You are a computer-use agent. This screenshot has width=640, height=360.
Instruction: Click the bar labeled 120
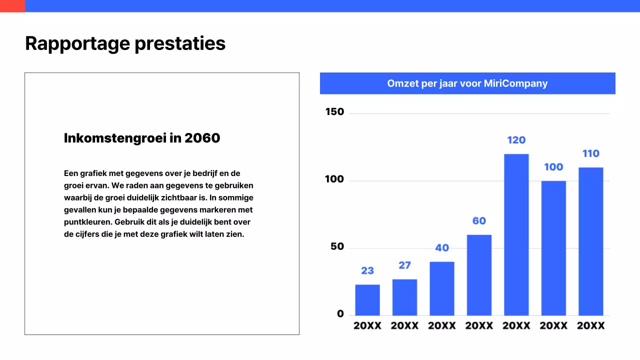coord(516,234)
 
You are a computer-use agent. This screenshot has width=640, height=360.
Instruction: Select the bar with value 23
coord(367,300)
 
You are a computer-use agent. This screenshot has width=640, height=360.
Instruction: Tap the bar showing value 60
coord(479,275)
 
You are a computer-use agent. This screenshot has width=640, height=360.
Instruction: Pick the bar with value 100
coord(553,248)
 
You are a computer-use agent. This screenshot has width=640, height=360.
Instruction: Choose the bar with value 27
coord(404,297)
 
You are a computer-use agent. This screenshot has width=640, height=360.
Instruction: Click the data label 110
coord(590,153)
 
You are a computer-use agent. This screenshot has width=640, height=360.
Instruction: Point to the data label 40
coord(442,247)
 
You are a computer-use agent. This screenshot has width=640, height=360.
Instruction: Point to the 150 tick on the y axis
coord(334,112)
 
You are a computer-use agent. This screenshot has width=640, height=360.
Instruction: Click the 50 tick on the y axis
coord(337,246)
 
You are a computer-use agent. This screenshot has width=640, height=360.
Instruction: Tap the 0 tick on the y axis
coord(340,314)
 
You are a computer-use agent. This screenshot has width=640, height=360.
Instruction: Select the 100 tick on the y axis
coord(334,179)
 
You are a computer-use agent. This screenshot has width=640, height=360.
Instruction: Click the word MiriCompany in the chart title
coord(515,83)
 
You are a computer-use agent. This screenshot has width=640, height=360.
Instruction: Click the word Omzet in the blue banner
coord(402,83)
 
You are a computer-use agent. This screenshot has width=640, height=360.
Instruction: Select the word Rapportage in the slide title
coord(77,43)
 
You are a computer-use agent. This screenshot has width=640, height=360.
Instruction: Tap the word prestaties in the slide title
coord(180,43)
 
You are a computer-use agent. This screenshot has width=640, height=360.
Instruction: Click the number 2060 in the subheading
coord(202,138)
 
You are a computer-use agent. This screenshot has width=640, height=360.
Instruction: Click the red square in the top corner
coord(12,6)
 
